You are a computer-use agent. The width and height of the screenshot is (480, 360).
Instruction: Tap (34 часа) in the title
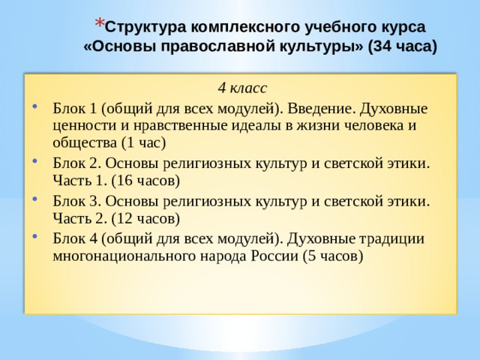[400, 45]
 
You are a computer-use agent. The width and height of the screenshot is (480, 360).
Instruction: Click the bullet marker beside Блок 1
[36, 106]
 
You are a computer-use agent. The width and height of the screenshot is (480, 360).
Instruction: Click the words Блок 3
[76, 200]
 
